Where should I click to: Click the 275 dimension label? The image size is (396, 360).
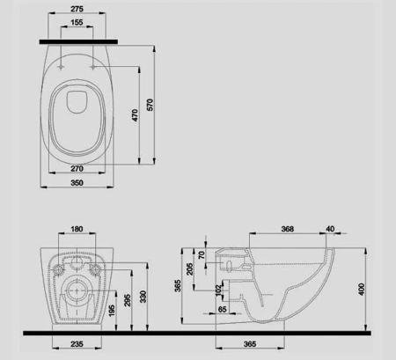[x=77, y=9]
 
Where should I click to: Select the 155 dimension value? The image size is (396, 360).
[x=77, y=22]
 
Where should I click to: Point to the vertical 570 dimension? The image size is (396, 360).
[x=150, y=105]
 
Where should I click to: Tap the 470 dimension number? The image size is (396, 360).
[x=135, y=115]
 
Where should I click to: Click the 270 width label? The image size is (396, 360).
[x=77, y=168]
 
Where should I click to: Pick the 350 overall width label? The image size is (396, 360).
[x=77, y=183]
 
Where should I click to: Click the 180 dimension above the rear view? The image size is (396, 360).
[x=77, y=229]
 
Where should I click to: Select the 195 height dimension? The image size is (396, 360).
[x=112, y=311]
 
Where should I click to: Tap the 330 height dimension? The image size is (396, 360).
[x=143, y=297]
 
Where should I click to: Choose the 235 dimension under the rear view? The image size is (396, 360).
[x=77, y=344]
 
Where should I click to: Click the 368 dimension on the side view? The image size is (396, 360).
[x=288, y=229]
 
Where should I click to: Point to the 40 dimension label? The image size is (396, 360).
[x=330, y=229]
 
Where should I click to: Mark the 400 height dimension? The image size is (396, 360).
[x=362, y=289]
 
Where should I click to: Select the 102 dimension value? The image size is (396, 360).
[x=218, y=290]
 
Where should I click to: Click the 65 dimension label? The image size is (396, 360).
[x=223, y=309]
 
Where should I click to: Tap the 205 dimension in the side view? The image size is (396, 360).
[x=190, y=268]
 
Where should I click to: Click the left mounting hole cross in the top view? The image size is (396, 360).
[x=61, y=68]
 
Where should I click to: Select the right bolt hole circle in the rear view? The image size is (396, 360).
[x=95, y=268]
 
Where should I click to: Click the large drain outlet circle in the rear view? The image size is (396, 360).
[x=77, y=290]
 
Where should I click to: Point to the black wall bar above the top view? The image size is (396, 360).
[x=78, y=42]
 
